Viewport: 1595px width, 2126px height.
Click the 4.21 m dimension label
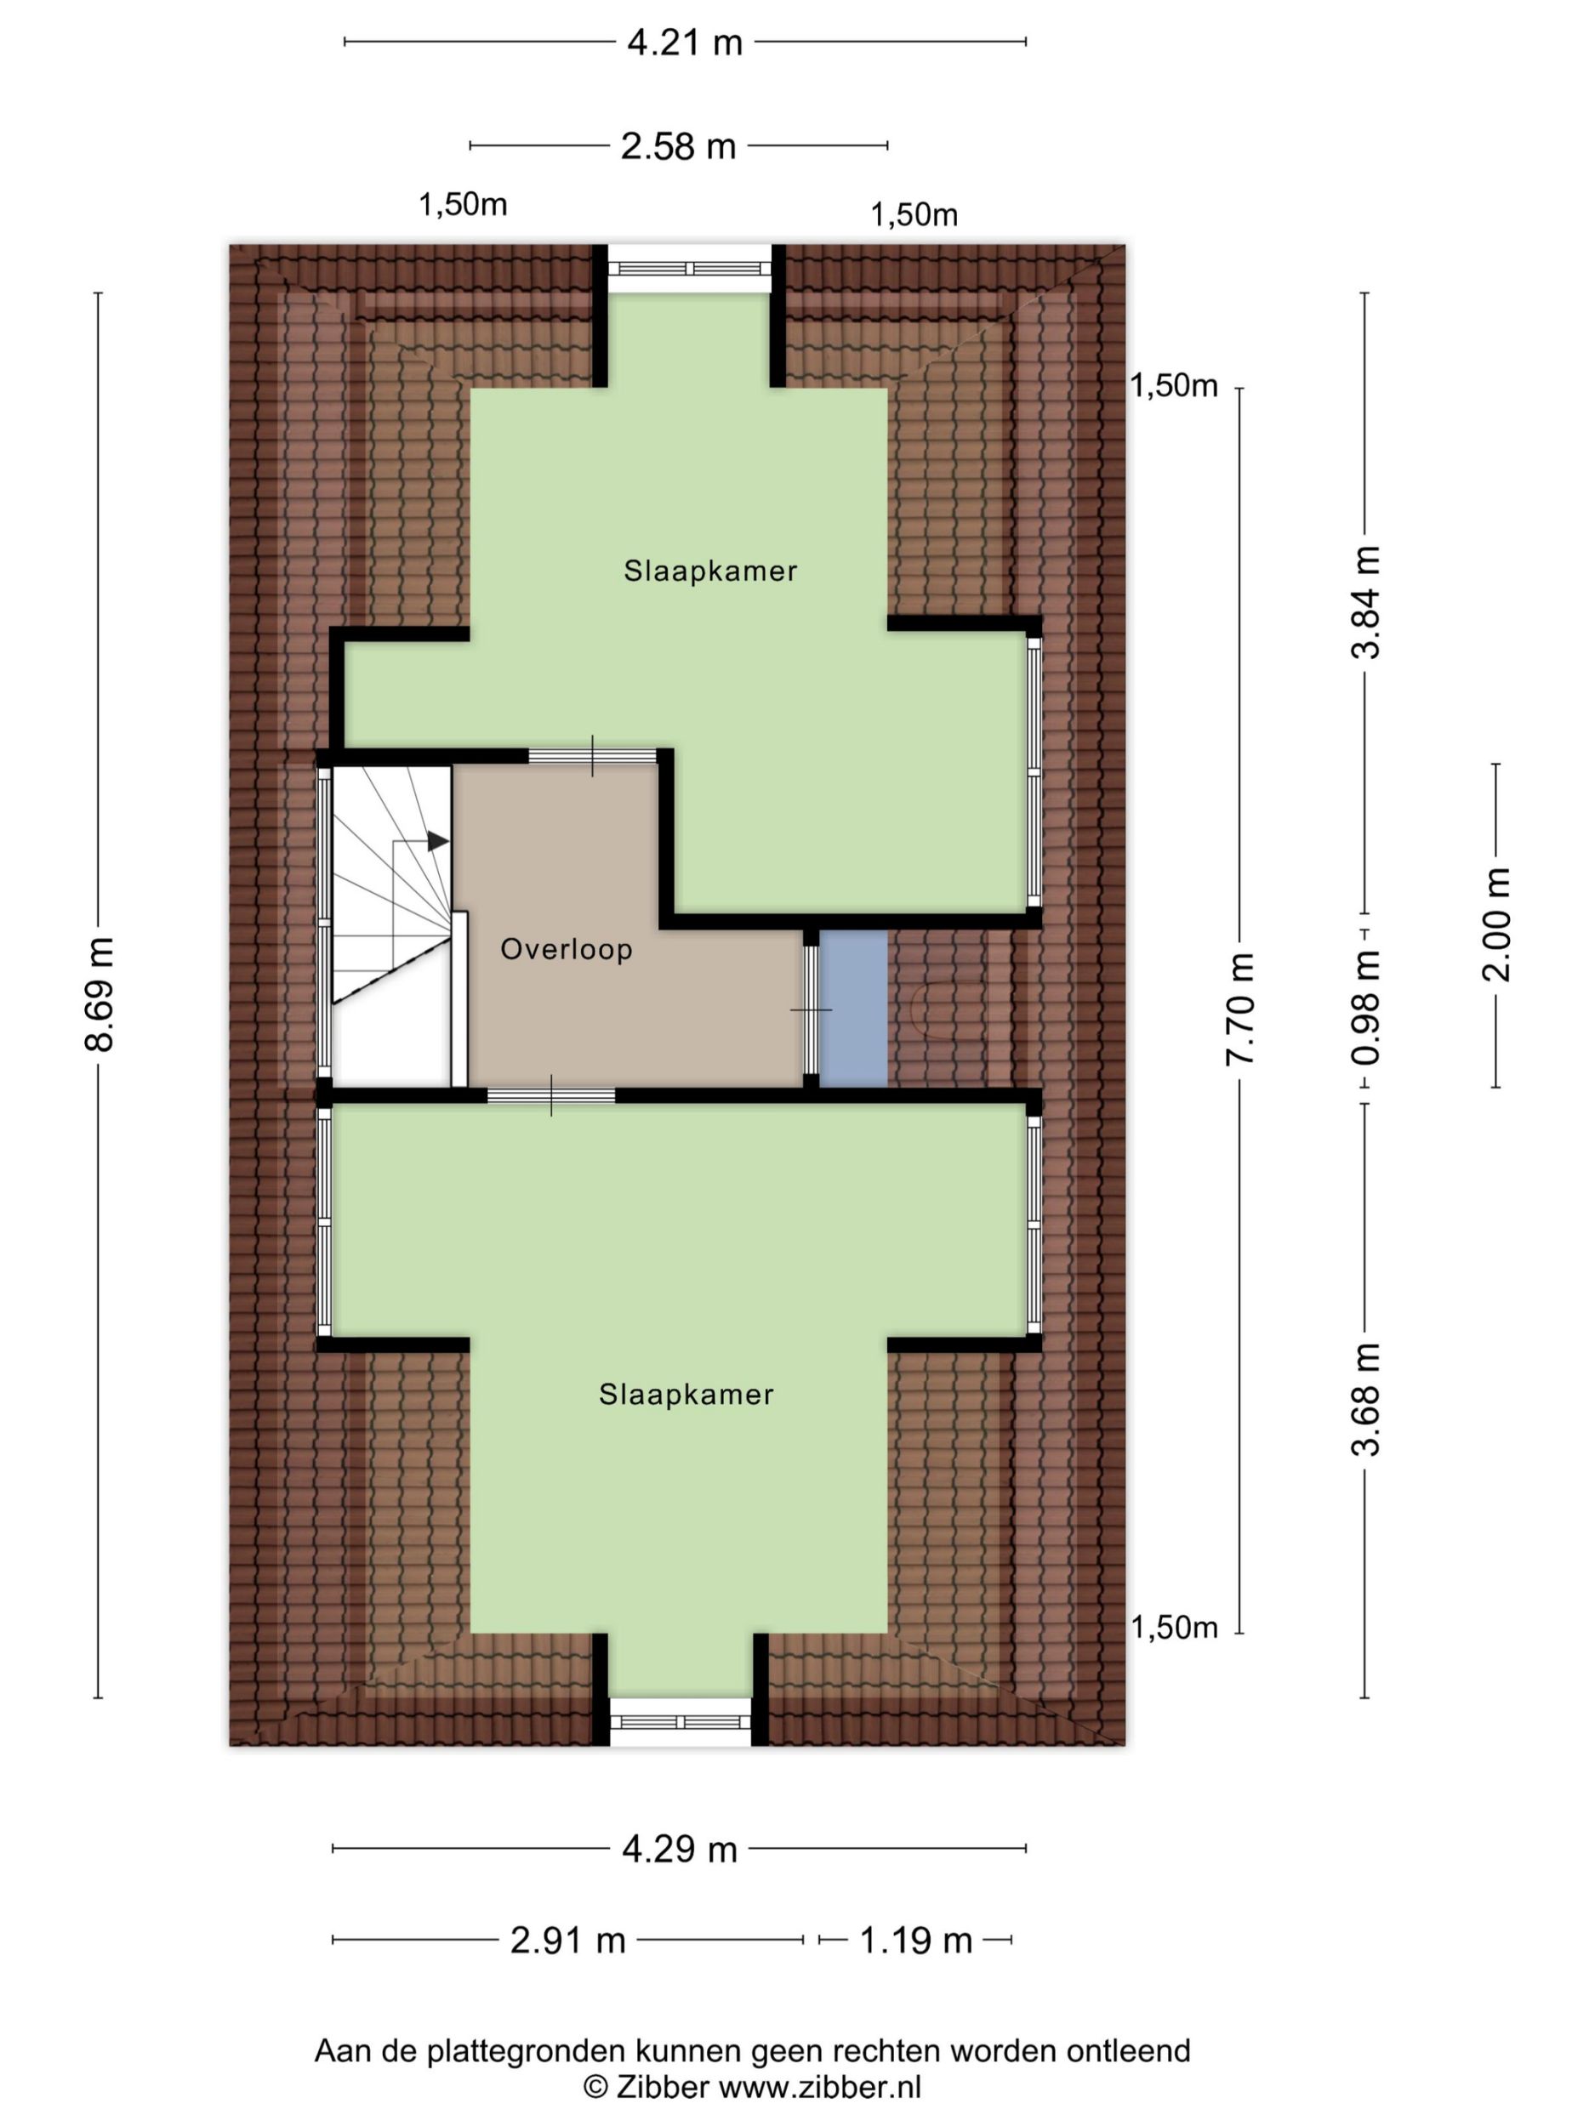[685, 43]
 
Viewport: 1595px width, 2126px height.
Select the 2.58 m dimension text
[678, 146]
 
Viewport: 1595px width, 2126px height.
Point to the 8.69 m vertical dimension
[99, 994]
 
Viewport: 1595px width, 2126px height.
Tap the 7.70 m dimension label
[1239, 1009]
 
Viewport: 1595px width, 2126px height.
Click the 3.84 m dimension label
[1365, 602]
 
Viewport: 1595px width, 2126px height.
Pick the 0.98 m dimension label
[1365, 1007]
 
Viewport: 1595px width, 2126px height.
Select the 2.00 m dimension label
[1497, 924]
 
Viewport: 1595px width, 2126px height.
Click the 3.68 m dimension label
[1365, 1400]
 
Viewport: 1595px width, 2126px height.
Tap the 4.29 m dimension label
[680, 1850]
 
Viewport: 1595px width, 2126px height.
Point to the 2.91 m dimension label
[567, 1941]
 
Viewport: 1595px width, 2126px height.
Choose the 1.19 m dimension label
[915, 1941]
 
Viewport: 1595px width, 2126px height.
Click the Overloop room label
[567, 950]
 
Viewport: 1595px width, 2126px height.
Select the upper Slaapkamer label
[710, 571]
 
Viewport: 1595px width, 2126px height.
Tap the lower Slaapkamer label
[686, 1395]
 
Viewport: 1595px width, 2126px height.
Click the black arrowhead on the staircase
[437, 842]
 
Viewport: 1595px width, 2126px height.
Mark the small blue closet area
[852, 1009]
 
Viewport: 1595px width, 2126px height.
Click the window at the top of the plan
[689, 269]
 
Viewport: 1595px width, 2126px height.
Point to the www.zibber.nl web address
[820, 2088]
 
